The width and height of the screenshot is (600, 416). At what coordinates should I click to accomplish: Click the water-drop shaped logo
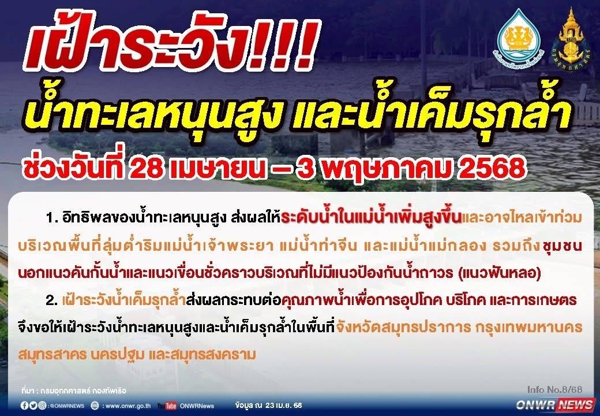tap(520, 37)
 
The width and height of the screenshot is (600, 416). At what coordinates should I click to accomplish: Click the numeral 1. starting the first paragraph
tap(52, 219)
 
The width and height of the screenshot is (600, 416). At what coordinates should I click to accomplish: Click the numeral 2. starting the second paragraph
tap(52, 300)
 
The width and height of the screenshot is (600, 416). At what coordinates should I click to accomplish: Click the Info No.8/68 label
tap(554, 389)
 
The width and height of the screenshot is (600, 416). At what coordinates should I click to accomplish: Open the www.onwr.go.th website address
tap(128, 406)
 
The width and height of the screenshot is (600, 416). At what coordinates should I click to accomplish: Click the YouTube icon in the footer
tap(167, 406)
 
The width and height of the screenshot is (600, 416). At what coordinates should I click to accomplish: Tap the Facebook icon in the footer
tap(24, 406)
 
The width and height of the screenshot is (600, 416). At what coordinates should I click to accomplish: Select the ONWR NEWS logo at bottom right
tap(555, 404)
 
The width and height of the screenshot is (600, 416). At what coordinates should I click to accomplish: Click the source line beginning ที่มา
tap(73, 391)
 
